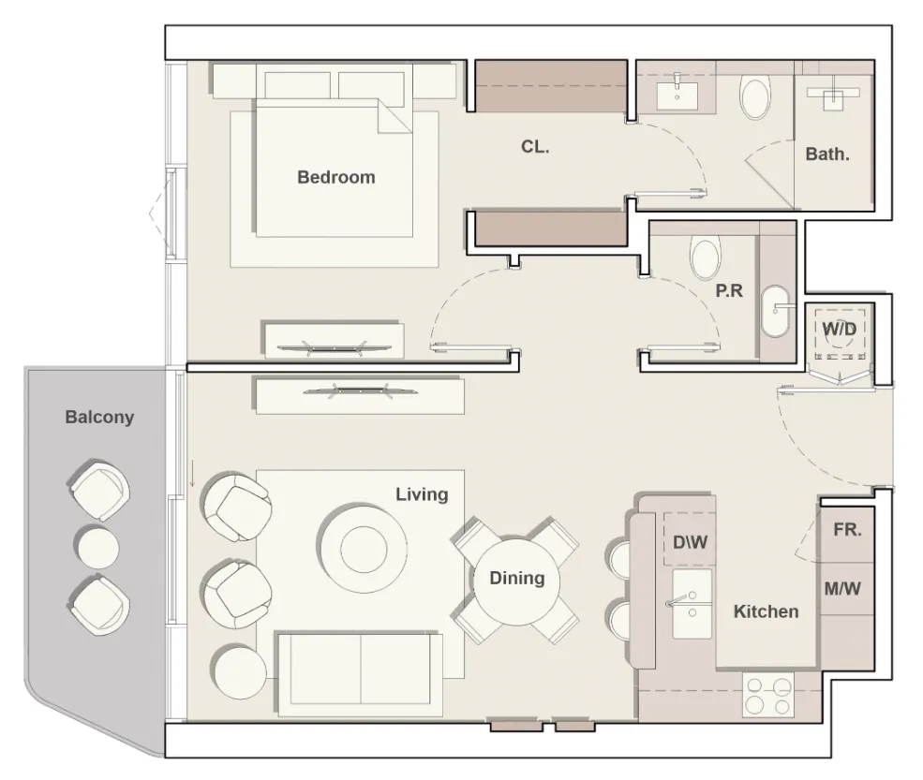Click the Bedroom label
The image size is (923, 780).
click(336, 177)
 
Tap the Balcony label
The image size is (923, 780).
click(99, 418)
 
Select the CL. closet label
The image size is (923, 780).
click(535, 146)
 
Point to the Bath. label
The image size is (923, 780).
click(827, 155)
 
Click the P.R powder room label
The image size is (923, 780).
click(729, 290)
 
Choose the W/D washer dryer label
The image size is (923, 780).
click(840, 329)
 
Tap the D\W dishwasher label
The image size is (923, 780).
click(691, 542)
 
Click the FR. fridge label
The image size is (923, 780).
click(848, 530)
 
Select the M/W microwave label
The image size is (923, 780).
click(842, 588)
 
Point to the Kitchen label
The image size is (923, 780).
click(766, 611)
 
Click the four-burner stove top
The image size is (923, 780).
click(768, 696)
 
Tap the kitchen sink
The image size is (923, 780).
click(692, 604)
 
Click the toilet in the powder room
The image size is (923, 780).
click(706, 258)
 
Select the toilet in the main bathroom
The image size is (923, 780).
click(755, 98)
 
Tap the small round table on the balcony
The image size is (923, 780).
click(97, 547)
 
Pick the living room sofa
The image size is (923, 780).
click(360, 675)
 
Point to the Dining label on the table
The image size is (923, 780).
click(517, 579)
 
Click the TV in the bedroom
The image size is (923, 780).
click(334, 347)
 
